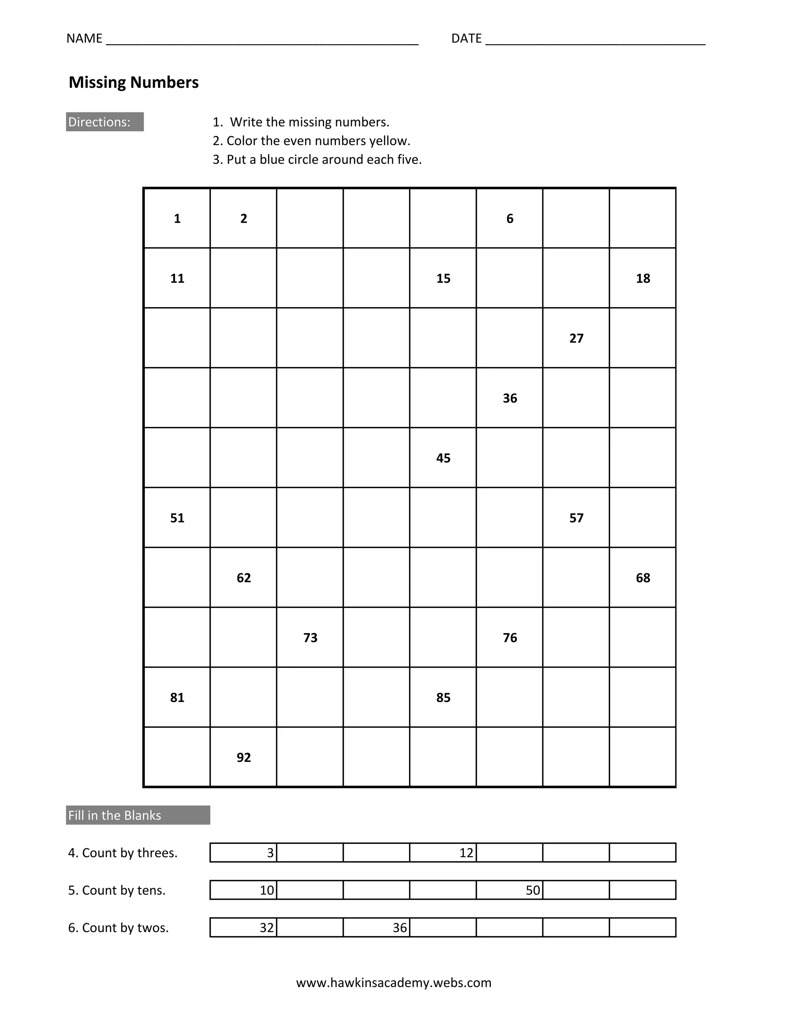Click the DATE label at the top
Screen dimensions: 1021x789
tap(466, 38)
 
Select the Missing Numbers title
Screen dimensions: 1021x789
tap(134, 82)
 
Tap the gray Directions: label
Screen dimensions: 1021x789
tap(105, 122)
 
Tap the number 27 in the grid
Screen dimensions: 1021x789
tap(576, 338)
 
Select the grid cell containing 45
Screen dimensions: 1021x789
tap(443, 458)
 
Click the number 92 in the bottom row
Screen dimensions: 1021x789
tap(243, 757)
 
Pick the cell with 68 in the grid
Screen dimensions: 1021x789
tap(643, 578)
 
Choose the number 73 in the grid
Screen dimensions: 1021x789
tap(311, 638)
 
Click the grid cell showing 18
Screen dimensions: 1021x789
tap(643, 279)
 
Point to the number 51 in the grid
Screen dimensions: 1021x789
tap(177, 518)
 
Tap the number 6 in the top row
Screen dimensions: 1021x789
tap(510, 219)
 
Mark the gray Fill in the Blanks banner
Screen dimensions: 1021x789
tap(138, 815)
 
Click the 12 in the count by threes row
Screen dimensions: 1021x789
tap(466, 853)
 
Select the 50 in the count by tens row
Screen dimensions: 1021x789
tap(533, 890)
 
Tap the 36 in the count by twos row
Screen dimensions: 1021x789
tap(400, 927)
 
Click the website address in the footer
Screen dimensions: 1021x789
tap(394, 983)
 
